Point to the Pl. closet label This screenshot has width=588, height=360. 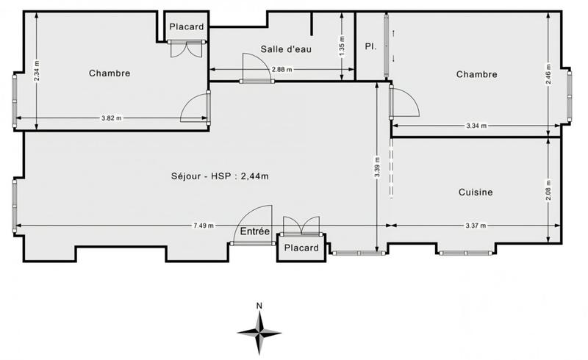(x=371, y=46)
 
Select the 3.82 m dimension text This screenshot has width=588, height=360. (x=112, y=118)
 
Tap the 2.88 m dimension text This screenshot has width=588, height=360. (x=282, y=70)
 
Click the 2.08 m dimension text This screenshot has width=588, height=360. (x=548, y=190)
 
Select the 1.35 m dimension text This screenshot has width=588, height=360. (x=342, y=46)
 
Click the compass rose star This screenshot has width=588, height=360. (x=259, y=331)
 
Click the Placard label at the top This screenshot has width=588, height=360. (x=186, y=27)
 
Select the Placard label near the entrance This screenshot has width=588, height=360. (x=301, y=248)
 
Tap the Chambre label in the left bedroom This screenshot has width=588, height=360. (x=110, y=73)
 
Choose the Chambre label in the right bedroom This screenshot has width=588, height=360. (x=476, y=74)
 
